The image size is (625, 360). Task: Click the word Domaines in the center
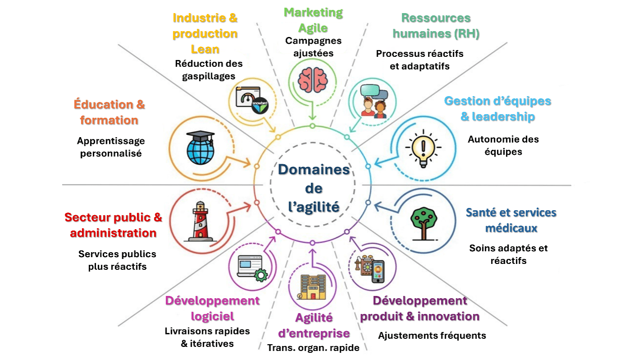(x=314, y=170)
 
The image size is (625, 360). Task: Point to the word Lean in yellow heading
(x=205, y=49)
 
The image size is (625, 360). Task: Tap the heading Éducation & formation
(x=109, y=112)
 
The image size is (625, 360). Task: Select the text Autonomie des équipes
(x=503, y=145)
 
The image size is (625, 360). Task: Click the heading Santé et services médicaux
(x=511, y=220)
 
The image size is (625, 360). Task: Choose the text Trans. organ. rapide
(x=313, y=348)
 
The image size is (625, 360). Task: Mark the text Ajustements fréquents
(x=432, y=335)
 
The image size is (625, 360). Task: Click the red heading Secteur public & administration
(x=113, y=225)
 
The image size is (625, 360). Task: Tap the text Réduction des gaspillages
(x=209, y=69)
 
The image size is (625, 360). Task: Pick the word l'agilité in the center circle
(x=313, y=207)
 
